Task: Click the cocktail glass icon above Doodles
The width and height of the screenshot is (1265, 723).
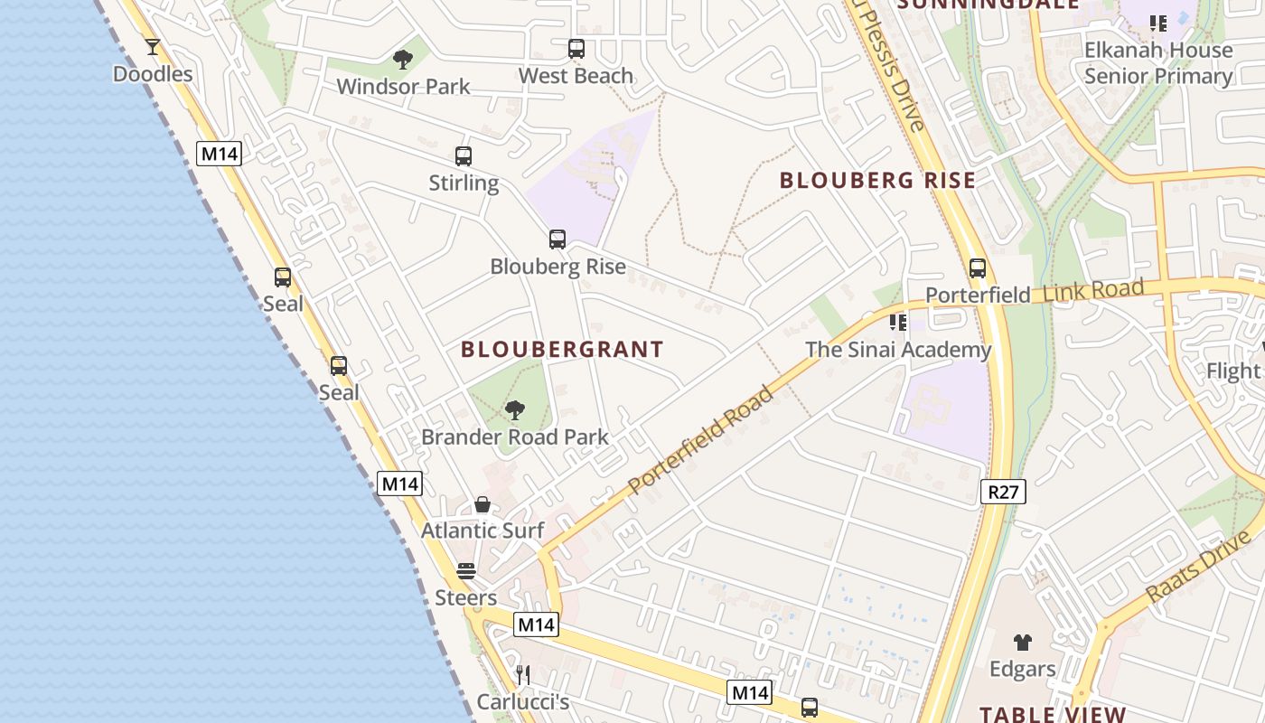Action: [x=152, y=46]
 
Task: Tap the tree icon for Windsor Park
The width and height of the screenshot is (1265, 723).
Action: [x=403, y=60]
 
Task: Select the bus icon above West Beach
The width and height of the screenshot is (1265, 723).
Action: [x=576, y=49]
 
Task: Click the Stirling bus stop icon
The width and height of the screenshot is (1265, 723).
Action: [x=464, y=156]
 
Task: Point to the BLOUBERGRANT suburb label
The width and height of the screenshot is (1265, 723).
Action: [x=562, y=350]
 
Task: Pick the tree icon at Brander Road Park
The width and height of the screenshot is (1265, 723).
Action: [x=515, y=411]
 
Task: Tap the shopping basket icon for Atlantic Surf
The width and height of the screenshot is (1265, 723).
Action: [x=483, y=504]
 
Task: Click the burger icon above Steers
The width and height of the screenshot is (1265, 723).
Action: [x=466, y=571]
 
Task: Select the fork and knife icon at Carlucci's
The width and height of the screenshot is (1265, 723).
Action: [x=522, y=674]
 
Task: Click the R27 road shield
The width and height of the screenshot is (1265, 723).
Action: [x=1003, y=492]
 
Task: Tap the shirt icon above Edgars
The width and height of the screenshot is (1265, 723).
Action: [x=1022, y=643]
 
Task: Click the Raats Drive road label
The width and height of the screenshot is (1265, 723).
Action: [x=1198, y=568]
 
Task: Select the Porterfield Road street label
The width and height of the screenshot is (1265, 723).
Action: [x=701, y=440]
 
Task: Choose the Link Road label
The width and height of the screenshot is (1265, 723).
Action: [x=1093, y=292]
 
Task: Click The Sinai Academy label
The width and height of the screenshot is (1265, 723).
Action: [x=898, y=350]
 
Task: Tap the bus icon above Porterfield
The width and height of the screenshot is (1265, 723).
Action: [x=977, y=268]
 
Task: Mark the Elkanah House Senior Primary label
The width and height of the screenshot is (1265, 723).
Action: [x=1158, y=63]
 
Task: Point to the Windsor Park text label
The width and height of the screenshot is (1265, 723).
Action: [x=403, y=87]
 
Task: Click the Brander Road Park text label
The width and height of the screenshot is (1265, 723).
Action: [x=515, y=437]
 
